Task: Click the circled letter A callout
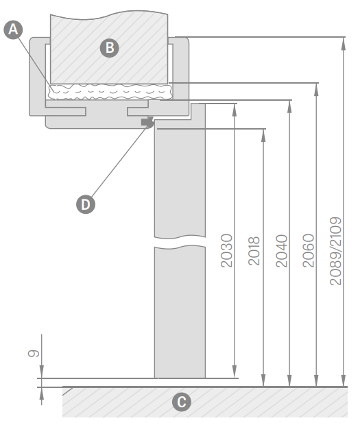tap(13, 29)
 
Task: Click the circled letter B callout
tap(110, 48)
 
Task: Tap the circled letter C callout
tap(182, 402)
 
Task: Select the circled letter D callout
tap(86, 204)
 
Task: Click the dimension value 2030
tap(226, 251)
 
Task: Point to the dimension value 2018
tap(254, 251)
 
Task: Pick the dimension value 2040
tap(281, 251)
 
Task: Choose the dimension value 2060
tap(308, 251)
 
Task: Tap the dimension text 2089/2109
tap(335, 251)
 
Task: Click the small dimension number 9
tap(34, 353)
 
